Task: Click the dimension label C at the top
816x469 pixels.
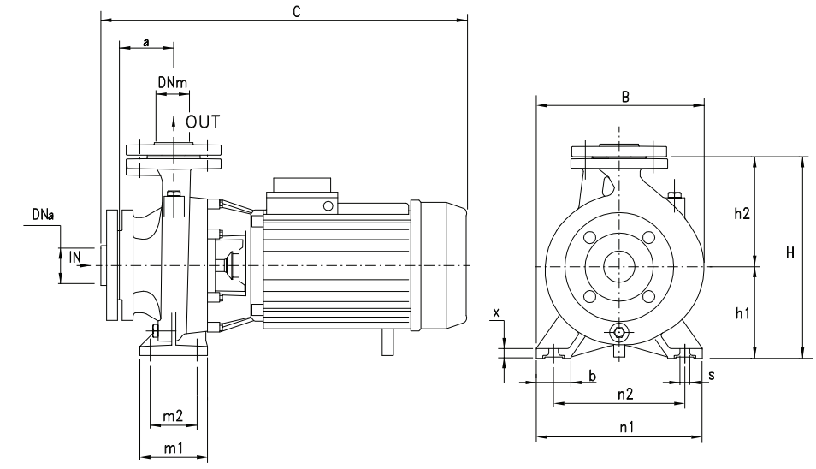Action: coord(297,11)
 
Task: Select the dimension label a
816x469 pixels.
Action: coord(146,42)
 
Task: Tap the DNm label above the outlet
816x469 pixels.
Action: coord(173,82)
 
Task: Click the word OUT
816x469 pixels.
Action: coord(203,122)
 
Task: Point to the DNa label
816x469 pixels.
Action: coord(43,214)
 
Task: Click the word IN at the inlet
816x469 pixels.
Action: coord(75,257)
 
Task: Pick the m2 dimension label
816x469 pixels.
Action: coord(173,416)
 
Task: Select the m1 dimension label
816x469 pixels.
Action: coord(174,448)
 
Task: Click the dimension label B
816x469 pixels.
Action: coord(626,97)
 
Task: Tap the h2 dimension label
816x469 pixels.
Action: coord(742,213)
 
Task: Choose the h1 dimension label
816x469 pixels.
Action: coord(742,313)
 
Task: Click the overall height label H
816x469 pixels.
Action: coord(790,253)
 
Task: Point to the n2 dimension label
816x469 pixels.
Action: coord(625,394)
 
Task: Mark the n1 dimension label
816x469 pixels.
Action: coord(627,427)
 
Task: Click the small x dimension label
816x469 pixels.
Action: coord(496,313)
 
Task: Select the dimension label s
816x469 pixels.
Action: coord(712,375)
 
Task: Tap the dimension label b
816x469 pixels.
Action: coord(592,376)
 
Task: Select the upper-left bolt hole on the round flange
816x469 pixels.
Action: coord(589,237)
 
